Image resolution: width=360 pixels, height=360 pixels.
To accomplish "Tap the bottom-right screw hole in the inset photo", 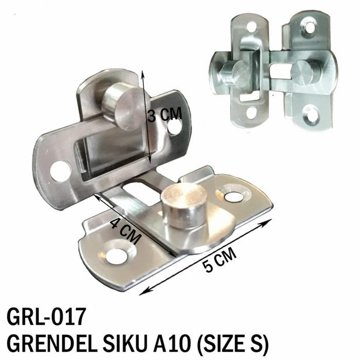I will pos(314,111).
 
